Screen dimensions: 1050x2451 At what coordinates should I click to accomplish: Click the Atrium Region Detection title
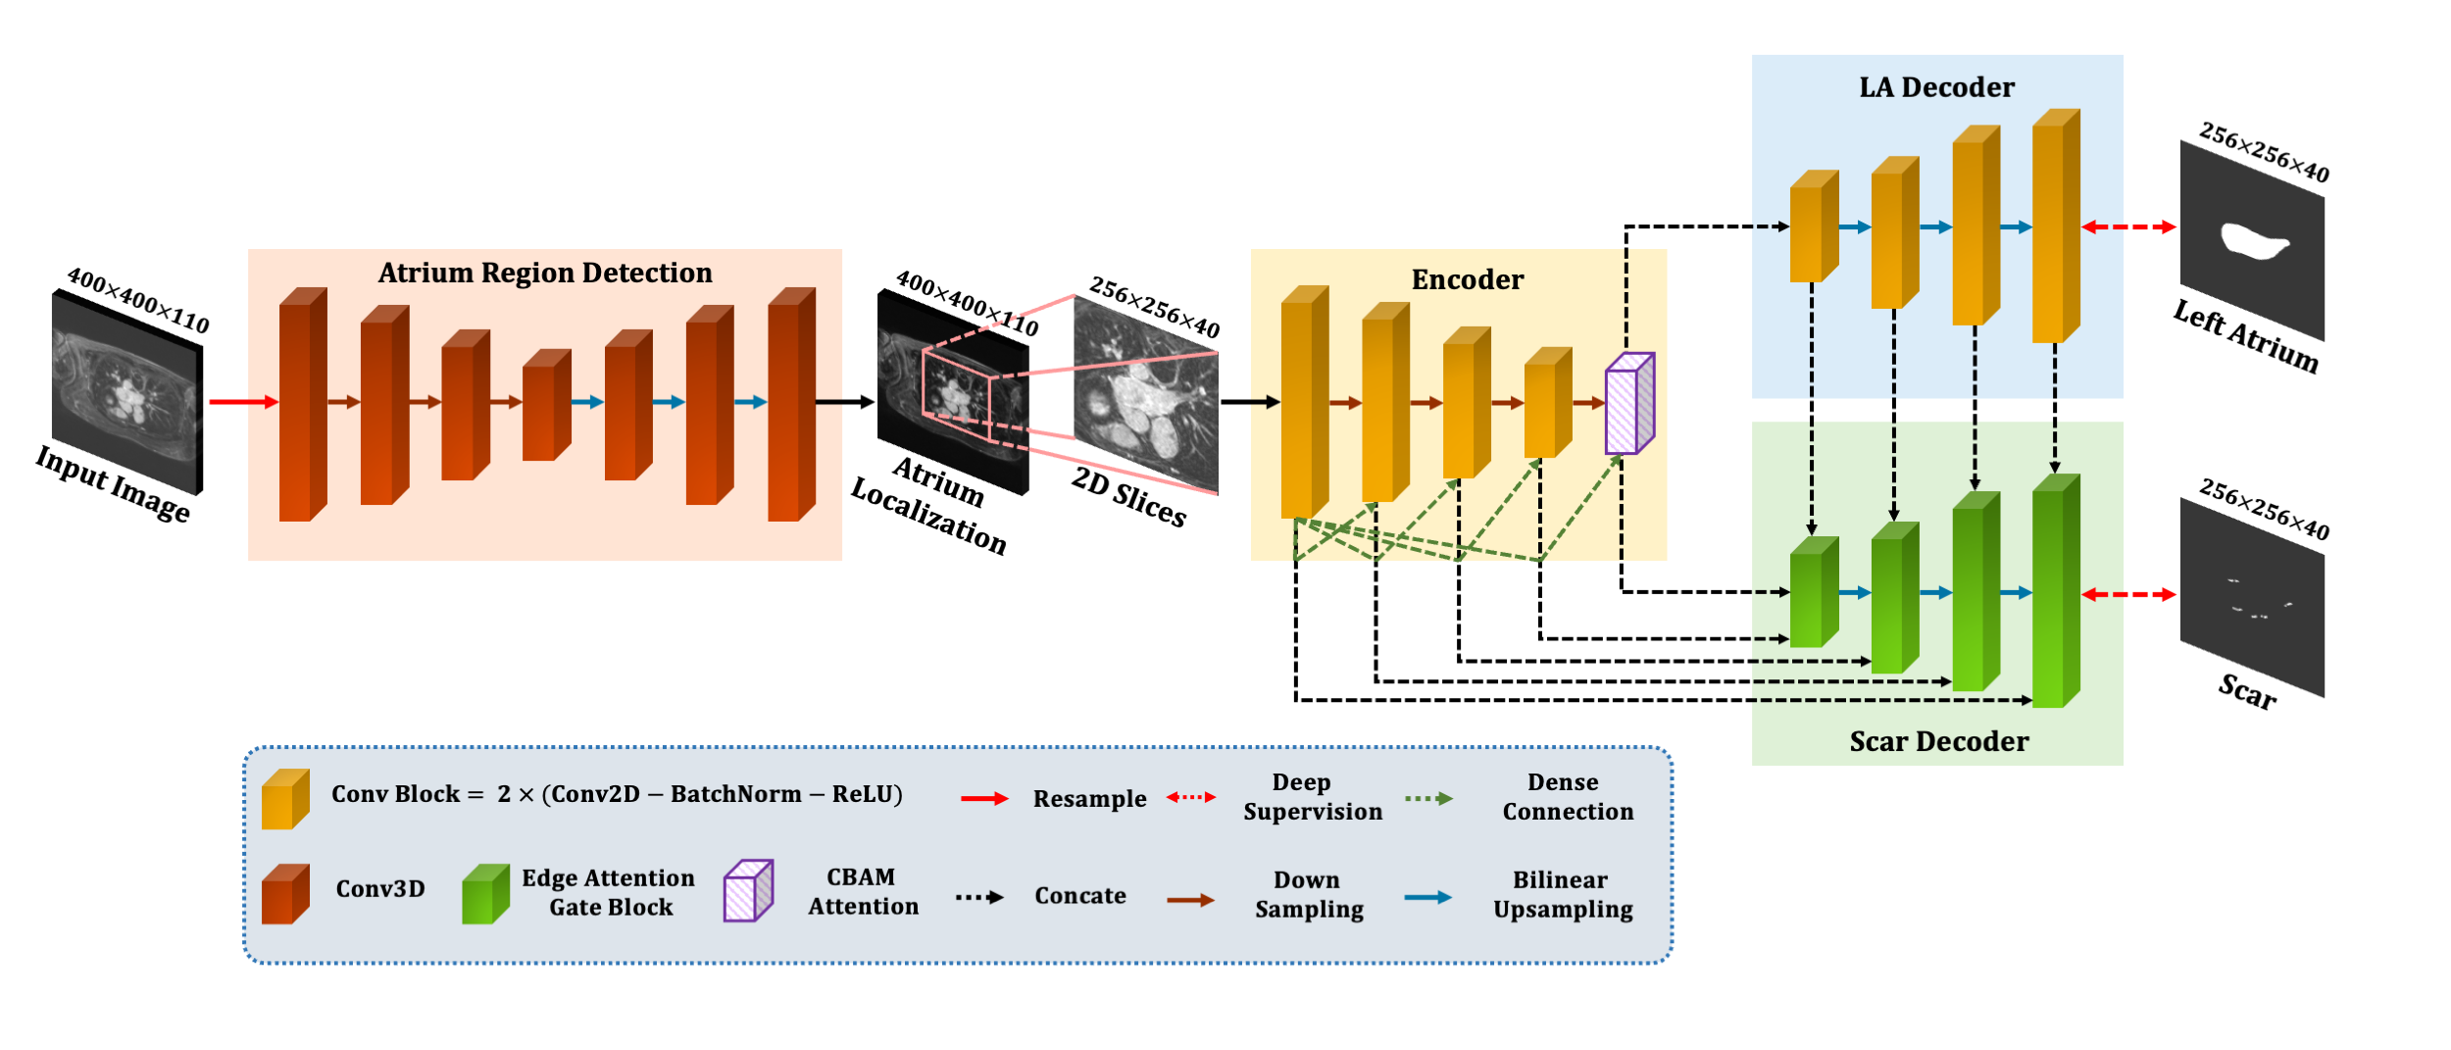click(545, 273)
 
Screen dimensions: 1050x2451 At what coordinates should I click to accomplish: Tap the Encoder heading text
click(1467, 280)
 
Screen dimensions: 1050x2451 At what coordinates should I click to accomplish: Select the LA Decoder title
click(1936, 88)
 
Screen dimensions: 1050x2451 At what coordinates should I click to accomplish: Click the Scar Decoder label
click(1938, 742)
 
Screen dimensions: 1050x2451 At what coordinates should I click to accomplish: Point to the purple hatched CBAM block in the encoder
click(1627, 405)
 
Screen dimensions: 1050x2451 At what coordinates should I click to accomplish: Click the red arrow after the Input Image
click(242, 402)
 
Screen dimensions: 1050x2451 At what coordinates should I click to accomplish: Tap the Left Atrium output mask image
click(2251, 241)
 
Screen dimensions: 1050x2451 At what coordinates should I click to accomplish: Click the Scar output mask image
click(2251, 598)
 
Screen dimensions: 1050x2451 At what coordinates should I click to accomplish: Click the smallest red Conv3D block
click(545, 406)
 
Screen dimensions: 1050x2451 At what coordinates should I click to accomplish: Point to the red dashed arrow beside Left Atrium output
click(2127, 227)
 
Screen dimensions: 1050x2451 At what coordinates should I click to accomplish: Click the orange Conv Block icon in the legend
click(285, 800)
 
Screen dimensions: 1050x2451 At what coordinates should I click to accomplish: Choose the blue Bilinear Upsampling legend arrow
click(1427, 898)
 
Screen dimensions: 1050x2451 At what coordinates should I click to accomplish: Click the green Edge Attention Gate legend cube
click(485, 895)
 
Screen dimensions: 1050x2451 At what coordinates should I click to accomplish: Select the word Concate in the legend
click(1079, 896)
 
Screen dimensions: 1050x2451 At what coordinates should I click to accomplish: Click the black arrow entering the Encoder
click(1249, 402)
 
